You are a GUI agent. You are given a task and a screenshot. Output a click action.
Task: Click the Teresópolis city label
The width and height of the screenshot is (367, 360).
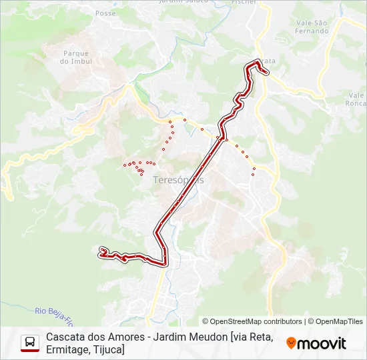pos(178,180)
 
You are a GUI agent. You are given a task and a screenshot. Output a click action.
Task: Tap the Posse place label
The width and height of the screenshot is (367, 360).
pos(105,13)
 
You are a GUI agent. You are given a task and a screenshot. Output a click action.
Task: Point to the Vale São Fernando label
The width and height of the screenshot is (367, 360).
pos(312,27)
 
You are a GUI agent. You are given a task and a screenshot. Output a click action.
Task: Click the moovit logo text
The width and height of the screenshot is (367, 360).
pos(322,343)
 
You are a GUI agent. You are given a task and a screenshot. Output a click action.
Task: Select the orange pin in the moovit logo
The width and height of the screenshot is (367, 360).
pos(291,343)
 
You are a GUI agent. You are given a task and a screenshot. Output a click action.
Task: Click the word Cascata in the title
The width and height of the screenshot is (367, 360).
pos(65,337)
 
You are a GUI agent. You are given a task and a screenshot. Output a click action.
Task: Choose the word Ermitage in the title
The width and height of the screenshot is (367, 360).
pos(68,349)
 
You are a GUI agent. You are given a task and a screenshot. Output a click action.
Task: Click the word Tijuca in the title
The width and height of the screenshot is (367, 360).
pos(109,349)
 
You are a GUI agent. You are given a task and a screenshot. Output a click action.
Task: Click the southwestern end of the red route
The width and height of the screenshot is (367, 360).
pos(102,251)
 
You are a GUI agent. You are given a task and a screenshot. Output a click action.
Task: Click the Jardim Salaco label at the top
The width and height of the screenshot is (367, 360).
pos(180,2)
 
